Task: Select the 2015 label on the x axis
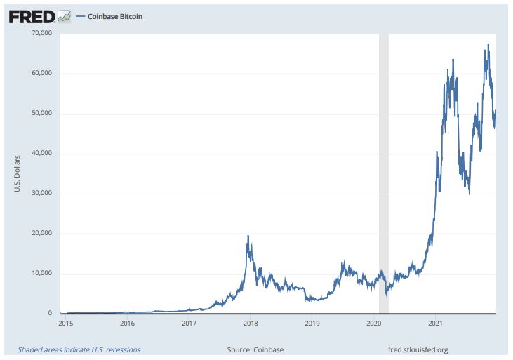[66, 324]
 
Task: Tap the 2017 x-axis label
[189, 324]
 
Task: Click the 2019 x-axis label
[312, 324]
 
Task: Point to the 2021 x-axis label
[435, 324]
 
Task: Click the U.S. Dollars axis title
[17, 173]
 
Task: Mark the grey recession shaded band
[384, 175]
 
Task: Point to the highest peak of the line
[488, 45]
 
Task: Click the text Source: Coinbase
[255, 349]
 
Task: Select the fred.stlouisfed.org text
[418, 349]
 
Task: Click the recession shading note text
[79, 349]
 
